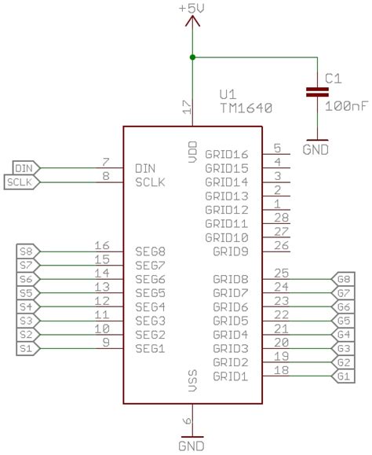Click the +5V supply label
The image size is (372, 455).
[191, 8]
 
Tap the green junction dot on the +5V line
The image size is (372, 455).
[192, 57]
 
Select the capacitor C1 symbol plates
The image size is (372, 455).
[317, 92]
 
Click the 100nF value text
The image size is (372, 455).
[347, 106]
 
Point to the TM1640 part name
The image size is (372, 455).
[246, 108]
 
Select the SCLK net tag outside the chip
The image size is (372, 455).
[22, 182]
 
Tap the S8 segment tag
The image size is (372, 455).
[28, 251]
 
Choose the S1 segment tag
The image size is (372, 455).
[28, 348]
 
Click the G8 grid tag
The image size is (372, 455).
[343, 279]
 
